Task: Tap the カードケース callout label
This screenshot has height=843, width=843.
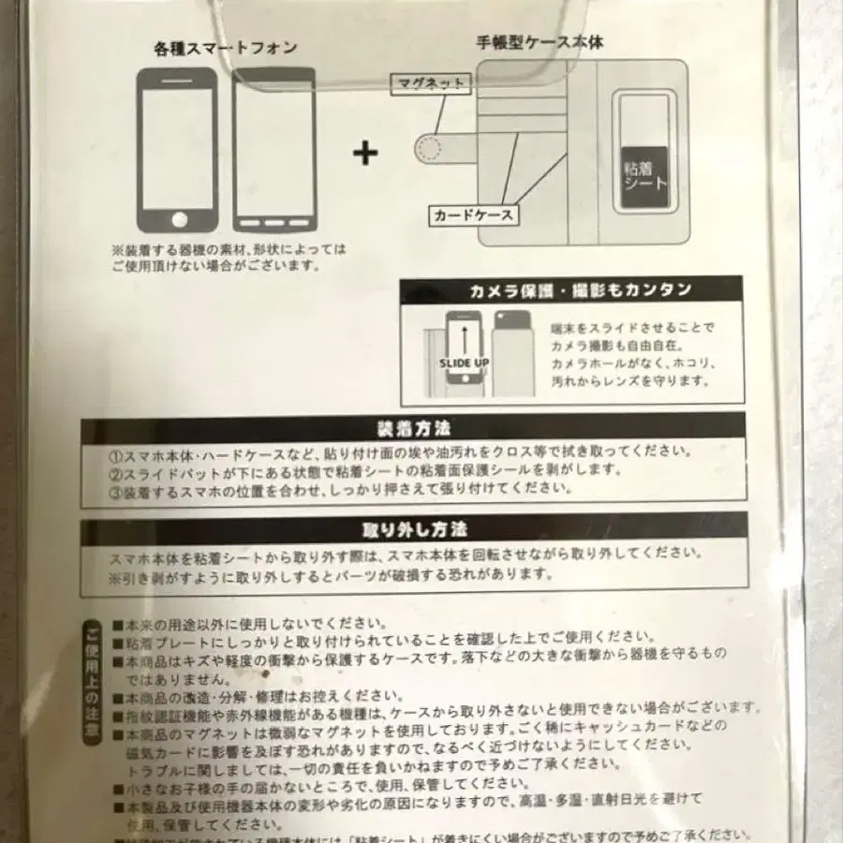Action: point(473,215)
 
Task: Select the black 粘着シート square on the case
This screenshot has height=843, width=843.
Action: point(645,174)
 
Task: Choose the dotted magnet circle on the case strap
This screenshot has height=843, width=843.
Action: point(429,147)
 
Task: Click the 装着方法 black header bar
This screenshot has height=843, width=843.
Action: point(413,428)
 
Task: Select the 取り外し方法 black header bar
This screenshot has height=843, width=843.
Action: point(413,529)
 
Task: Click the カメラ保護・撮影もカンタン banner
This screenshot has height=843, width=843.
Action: point(571,289)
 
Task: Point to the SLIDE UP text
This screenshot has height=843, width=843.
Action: point(463,362)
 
